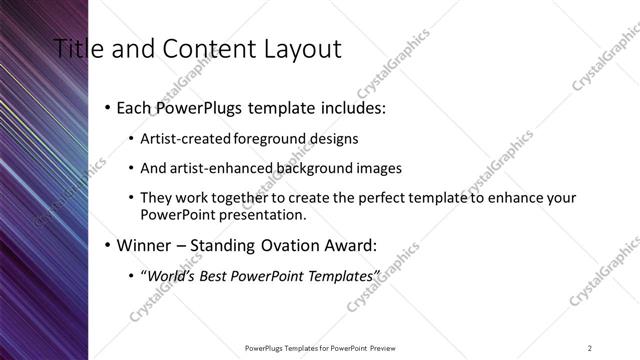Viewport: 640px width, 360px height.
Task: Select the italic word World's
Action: [x=170, y=275]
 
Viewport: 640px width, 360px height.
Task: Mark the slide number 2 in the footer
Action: [x=590, y=347]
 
